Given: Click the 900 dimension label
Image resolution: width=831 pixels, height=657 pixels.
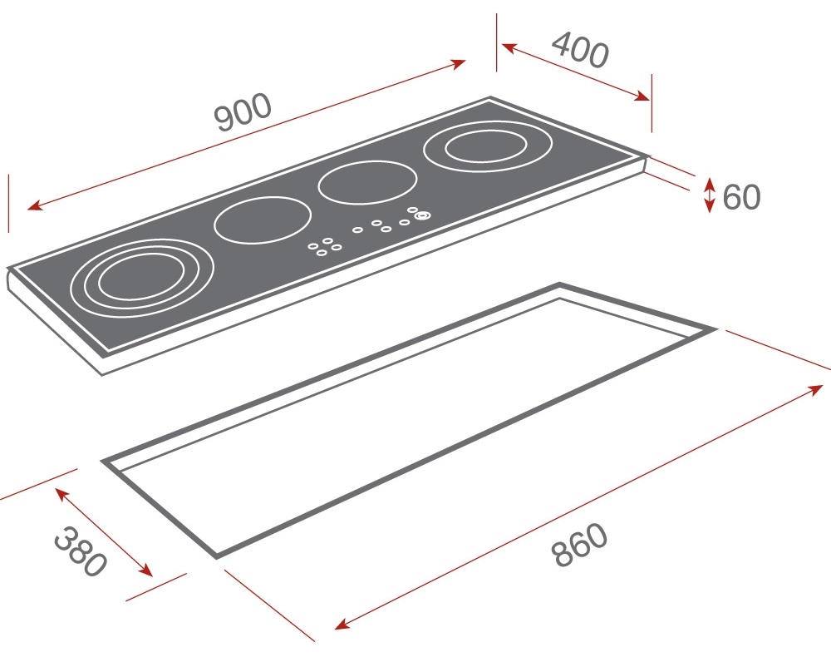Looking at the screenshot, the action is (243, 112).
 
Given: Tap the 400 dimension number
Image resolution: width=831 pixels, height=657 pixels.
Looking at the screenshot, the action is (580, 49).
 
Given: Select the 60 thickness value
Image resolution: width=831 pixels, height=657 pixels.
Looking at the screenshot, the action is (741, 197).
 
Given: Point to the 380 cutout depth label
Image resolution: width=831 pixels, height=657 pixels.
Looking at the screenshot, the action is (81, 551).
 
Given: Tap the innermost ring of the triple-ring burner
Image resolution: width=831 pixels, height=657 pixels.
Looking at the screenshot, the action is (141, 276).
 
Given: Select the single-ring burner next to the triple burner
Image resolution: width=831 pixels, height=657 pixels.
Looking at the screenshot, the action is (263, 220).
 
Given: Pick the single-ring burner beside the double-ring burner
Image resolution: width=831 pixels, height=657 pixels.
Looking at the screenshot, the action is (367, 182).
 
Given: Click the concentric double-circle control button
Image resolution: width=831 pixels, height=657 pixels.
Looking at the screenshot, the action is (422, 215).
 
